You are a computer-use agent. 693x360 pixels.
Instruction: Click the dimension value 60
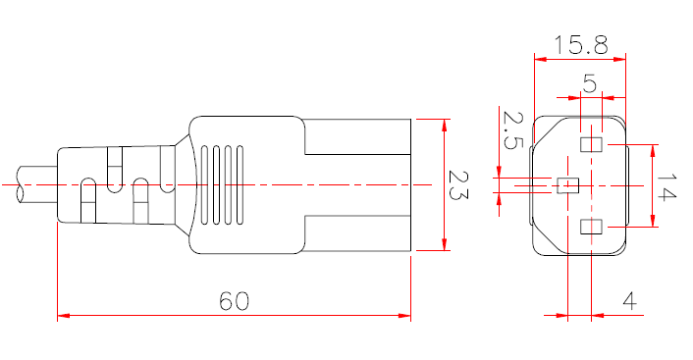(x=234, y=301)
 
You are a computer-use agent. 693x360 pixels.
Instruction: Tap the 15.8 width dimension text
(x=580, y=44)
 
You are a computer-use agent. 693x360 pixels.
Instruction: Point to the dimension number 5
(x=589, y=84)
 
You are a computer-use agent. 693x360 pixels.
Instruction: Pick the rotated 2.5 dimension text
(x=511, y=129)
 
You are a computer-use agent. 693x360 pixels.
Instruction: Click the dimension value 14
(x=667, y=186)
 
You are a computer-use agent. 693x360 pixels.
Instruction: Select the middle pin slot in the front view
(x=567, y=184)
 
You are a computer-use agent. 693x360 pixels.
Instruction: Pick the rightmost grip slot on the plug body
(x=237, y=183)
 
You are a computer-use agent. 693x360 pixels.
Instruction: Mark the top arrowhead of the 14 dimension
(x=654, y=149)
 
